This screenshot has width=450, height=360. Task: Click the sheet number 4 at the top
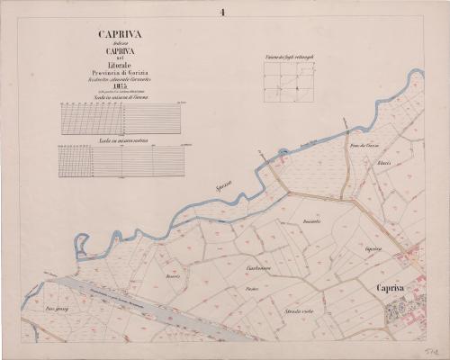pyautogui.click(x=220, y=12)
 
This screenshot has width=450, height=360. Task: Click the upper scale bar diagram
pyautogui.click(x=121, y=117)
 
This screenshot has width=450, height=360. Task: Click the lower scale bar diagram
pyautogui.click(x=121, y=160)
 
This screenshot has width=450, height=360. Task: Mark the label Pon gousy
pyautogui.click(x=56, y=309)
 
